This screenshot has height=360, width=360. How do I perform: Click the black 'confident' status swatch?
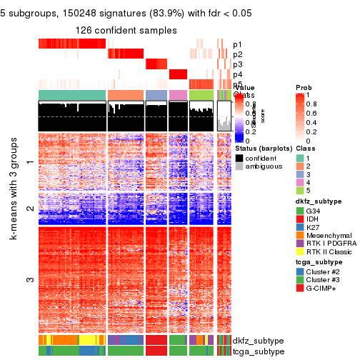pos(240,158)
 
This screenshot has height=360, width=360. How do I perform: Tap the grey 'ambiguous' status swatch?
pos(240,168)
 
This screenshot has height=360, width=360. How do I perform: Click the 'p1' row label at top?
pos(237,44)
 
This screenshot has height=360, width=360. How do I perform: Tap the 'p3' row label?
pos(237,64)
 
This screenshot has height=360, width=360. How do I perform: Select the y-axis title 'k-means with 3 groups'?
pos(14,230)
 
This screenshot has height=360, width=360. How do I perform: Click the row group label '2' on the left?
pos(29,209)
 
